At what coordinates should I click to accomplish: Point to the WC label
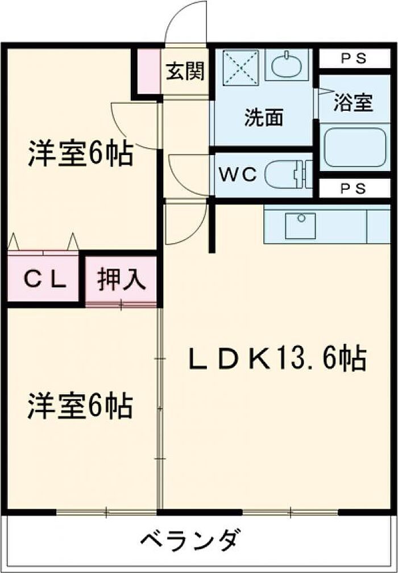coord(238,174)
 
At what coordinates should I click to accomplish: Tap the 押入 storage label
coord(121,280)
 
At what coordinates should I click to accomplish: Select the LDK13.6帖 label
coord(277,358)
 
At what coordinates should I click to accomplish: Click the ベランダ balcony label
coord(188,539)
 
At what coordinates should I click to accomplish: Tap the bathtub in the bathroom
coord(354,147)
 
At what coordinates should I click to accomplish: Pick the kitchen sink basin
coord(302,227)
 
